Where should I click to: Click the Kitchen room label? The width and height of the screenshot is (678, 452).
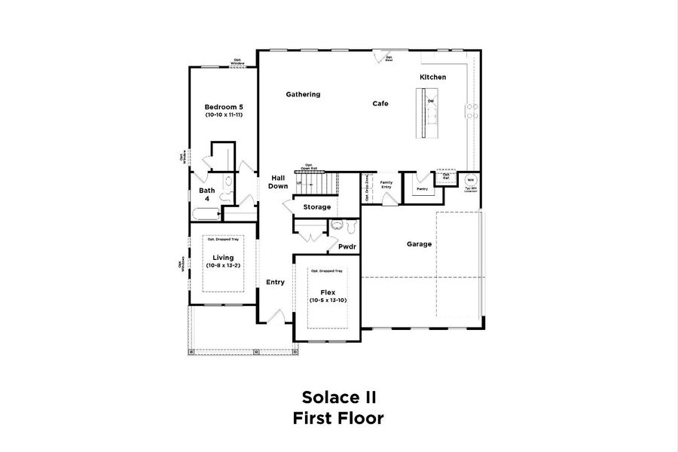point(433,78)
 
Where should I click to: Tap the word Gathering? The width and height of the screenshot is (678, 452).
point(303,95)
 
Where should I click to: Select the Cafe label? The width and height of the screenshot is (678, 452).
point(380,103)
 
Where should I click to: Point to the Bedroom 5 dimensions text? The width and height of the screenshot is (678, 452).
point(224,115)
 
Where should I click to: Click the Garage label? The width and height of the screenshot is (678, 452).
point(420,244)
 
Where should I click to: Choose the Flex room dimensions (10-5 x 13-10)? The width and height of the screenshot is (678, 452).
point(328,300)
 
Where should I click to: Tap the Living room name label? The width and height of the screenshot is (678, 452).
point(223,258)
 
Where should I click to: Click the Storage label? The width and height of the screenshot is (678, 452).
point(317,206)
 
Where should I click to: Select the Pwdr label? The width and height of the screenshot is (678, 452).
point(347,246)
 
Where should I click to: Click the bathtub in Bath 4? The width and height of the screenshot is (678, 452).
point(205,214)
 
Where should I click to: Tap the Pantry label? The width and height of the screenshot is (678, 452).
point(422,189)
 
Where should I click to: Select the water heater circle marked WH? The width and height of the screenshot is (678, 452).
point(470,181)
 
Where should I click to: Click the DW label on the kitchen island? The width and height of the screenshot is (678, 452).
point(431,101)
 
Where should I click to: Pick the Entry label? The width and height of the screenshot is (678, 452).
point(275,282)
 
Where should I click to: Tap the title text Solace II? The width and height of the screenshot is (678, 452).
point(338,396)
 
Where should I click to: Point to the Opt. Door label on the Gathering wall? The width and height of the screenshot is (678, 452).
point(389,59)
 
